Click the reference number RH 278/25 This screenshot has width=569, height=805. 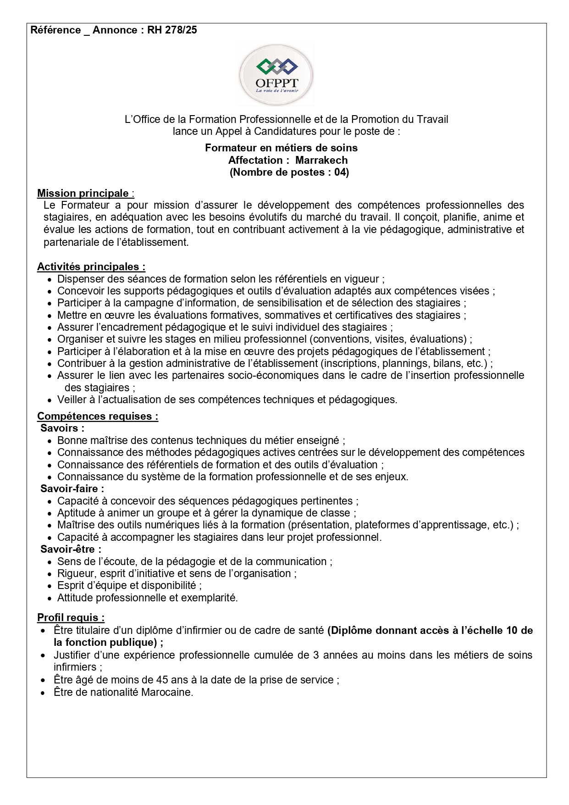[172, 30]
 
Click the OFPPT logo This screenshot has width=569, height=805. [276, 75]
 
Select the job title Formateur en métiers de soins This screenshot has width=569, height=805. [281, 148]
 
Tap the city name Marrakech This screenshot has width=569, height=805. [321, 161]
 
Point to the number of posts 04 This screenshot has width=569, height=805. [340, 172]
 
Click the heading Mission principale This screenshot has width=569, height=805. [83, 194]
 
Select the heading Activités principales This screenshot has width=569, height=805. [90, 267]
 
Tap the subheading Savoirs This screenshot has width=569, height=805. [62, 428]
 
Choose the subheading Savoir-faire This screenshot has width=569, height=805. [72, 489]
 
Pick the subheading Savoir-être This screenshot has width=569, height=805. [71, 550]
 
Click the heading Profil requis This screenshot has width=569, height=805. [70, 618]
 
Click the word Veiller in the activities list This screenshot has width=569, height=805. [72, 400]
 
